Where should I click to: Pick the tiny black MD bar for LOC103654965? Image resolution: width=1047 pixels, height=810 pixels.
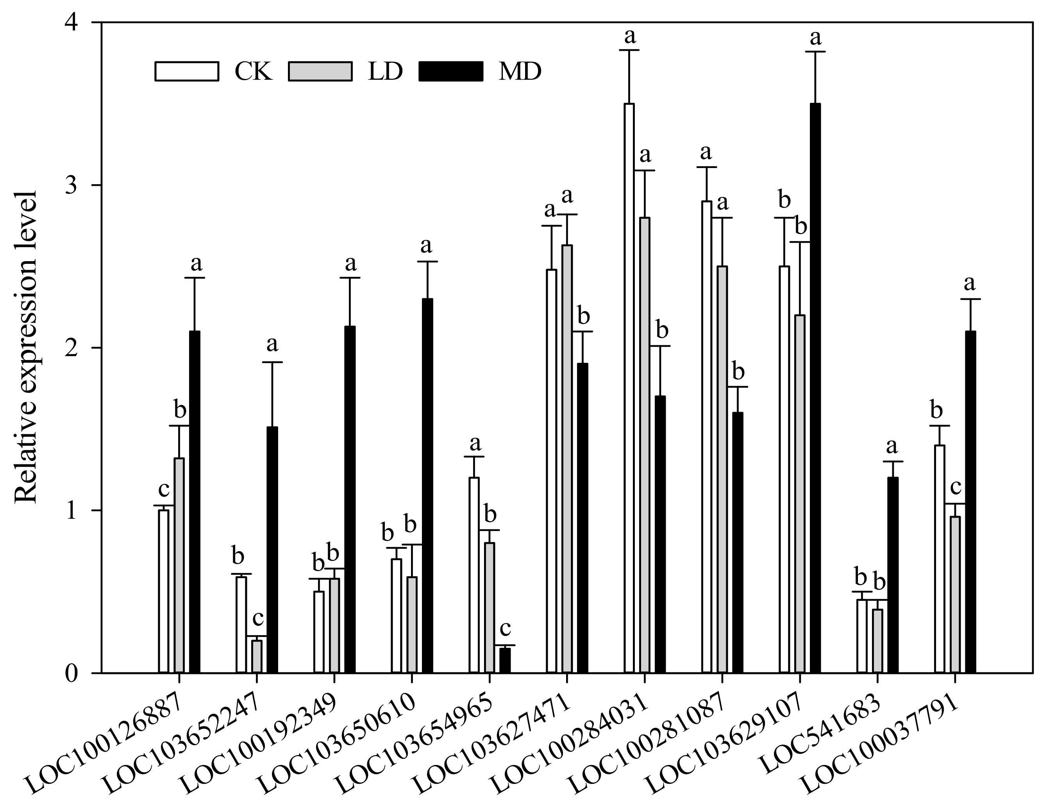click(x=505, y=660)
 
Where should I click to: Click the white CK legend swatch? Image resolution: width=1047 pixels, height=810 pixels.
click(x=187, y=71)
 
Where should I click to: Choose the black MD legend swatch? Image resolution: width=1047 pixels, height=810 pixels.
click(x=450, y=71)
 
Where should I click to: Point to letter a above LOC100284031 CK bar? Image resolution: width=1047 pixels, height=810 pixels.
click(x=629, y=36)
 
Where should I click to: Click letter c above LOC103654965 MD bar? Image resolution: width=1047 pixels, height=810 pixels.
click(x=505, y=628)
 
